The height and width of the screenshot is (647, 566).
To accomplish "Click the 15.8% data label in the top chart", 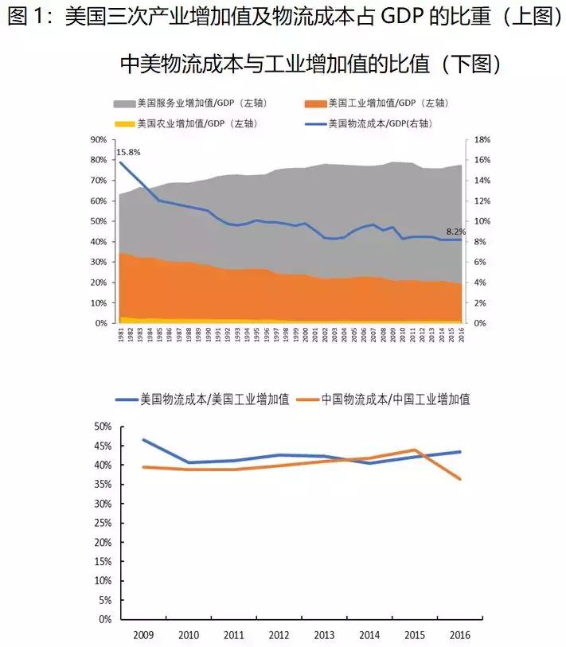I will point(127,152).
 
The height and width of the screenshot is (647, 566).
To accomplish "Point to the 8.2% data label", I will point(455,232).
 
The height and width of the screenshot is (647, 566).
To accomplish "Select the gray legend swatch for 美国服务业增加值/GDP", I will point(124,103).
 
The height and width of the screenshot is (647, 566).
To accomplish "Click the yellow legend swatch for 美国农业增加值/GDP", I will point(124,123).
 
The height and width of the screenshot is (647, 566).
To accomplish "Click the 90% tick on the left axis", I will point(100,139).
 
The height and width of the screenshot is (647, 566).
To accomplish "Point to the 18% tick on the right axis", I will point(481,139).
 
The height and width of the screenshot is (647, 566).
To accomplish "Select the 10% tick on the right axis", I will point(481,221).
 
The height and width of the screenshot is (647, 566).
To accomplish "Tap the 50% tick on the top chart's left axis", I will point(100,221).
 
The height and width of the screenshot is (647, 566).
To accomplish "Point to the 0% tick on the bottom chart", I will point(103,619).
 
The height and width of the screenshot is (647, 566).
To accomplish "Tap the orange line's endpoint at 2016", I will point(459,479).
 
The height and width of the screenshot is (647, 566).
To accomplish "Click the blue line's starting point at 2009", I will point(143,440).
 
